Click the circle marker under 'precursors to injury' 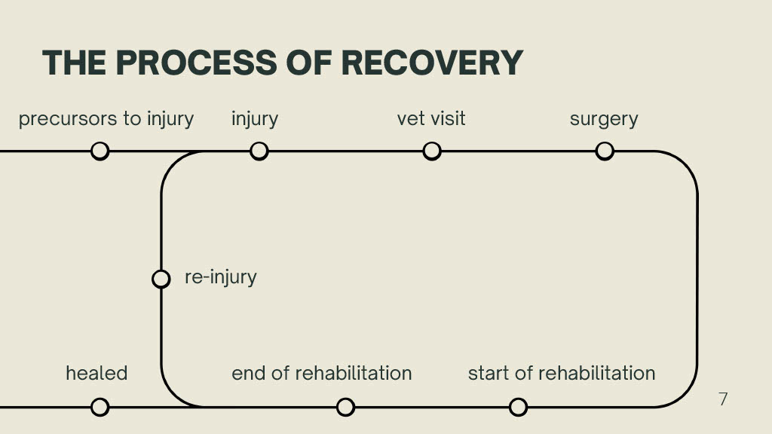pos(100,151)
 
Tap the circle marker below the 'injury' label pos(259,151)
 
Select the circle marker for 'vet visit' pos(432,151)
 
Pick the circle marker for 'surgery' pos(605,151)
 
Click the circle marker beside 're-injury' pos(161,279)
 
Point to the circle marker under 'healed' pos(100,407)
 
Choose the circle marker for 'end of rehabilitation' pos(345,407)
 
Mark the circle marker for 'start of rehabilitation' pos(518,407)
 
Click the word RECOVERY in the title pos(432,63)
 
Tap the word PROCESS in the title pos(196,63)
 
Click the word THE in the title pos(75,63)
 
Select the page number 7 pos(723,399)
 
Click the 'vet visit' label pos(431,118)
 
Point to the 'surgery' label pos(604,120)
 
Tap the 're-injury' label pos(221,277)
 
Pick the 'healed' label pos(96,373)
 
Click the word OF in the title pos(308,63)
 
